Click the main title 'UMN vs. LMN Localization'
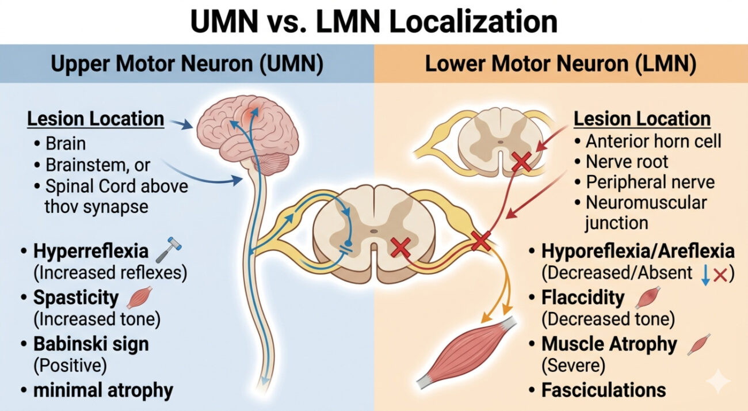point(374,22)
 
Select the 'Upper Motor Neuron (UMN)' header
point(186,64)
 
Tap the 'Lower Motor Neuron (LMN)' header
point(560,64)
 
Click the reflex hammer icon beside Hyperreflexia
point(171,252)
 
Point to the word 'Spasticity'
point(76,298)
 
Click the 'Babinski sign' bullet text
point(91,344)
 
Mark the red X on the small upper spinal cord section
point(521,163)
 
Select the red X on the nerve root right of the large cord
point(480,241)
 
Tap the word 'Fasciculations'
point(604,390)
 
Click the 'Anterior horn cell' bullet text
point(654,141)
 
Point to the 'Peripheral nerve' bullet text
point(650,182)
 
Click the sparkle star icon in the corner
point(719,382)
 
